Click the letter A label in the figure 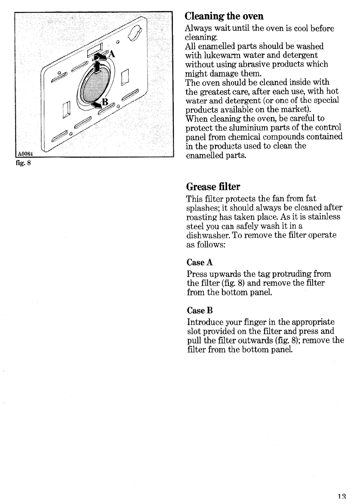tap(112, 54)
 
